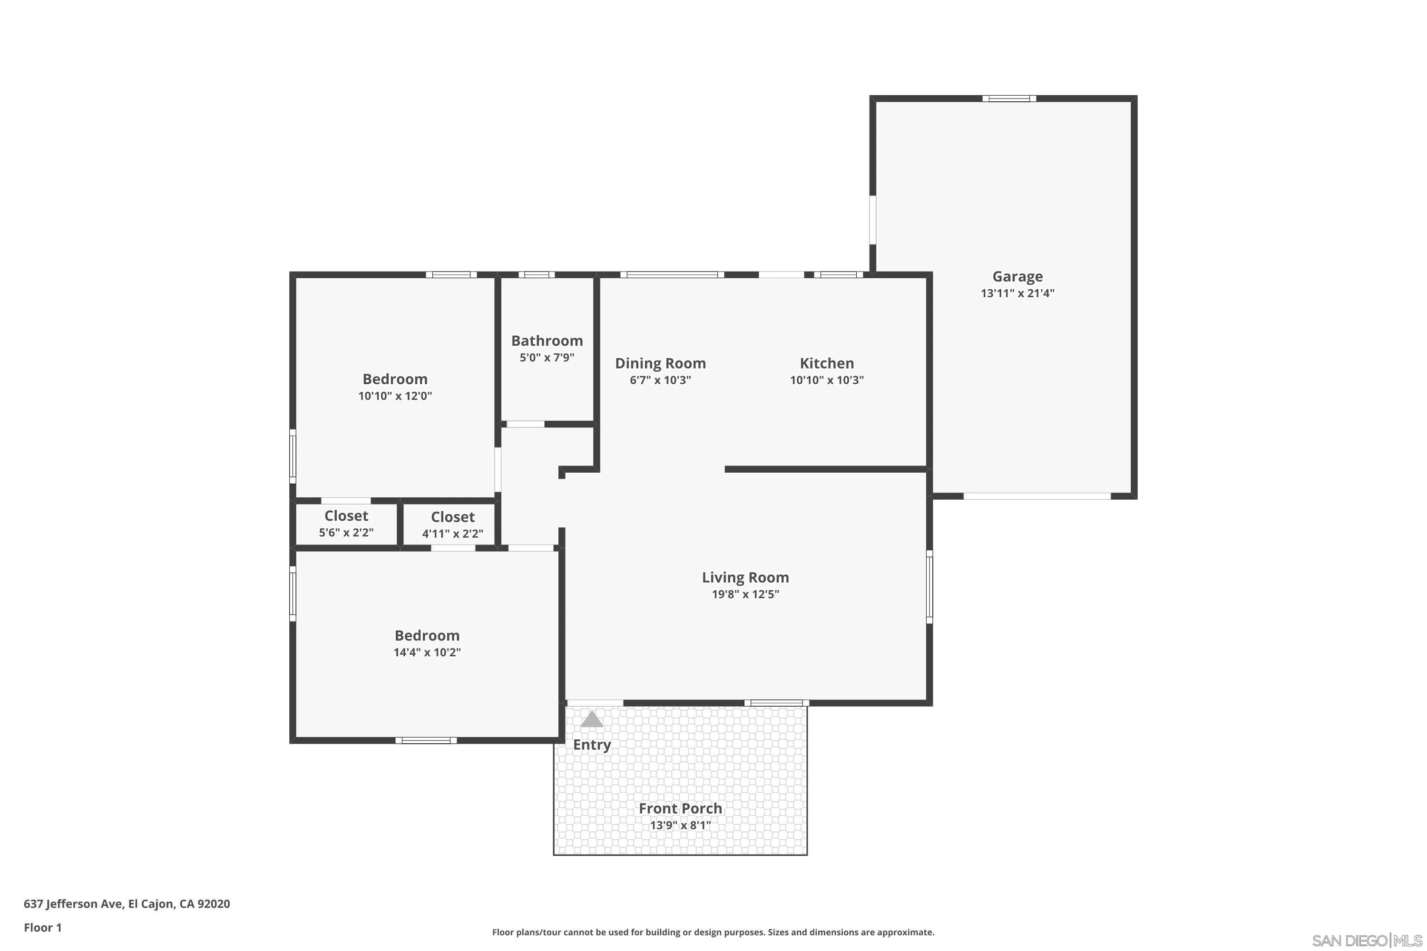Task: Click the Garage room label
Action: tap(1017, 277)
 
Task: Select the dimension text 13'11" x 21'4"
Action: tap(1017, 293)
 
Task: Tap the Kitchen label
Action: tap(826, 363)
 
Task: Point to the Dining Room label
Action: tap(660, 363)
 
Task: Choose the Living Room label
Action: tap(745, 577)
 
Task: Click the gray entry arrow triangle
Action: tap(592, 720)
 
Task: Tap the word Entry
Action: tap(592, 745)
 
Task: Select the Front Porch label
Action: tap(680, 808)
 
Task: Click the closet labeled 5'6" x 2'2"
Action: tap(346, 524)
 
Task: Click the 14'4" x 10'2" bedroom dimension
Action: tap(427, 652)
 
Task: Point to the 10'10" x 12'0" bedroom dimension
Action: tap(395, 396)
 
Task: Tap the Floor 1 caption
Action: tap(42, 927)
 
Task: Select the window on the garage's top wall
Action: tap(1009, 98)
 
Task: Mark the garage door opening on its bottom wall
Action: tap(1037, 496)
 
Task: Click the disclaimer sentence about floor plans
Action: tap(713, 932)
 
